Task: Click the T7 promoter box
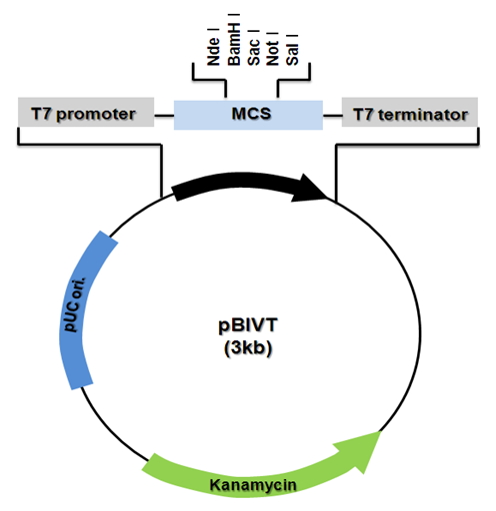pyautogui.click(x=86, y=112)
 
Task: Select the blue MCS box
pyautogui.click(x=248, y=115)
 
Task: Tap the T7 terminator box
pyautogui.click(x=410, y=112)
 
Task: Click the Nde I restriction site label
pyautogui.click(x=213, y=47)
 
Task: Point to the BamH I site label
pyautogui.click(x=234, y=39)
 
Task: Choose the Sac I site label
pyautogui.click(x=253, y=48)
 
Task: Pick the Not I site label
pyautogui.click(x=272, y=49)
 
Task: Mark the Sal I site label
pyautogui.click(x=292, y=50)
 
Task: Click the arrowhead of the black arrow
pyautogui.click(x=309, y=189)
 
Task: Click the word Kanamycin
pyautogui.click(x=253, y=485)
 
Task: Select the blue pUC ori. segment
pyautogui.click(x=84, y=308)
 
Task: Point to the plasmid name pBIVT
pyautogui.click(x=248, y=325)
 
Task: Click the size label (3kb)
pyautogui.click(x=248, y=348)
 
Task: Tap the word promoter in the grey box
pyautogui.click(x=96, y=115)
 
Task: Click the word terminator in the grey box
pyautogui.click(x=423, y=115)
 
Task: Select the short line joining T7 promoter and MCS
pyautogui.click(x=164, y=116)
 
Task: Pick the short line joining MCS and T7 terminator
pyautogui.click(x=332, y=116)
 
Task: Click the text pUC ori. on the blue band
pyautogui.click(x=75, y=304)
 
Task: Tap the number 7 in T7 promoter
pyautogui.click(x=46, y=113)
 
